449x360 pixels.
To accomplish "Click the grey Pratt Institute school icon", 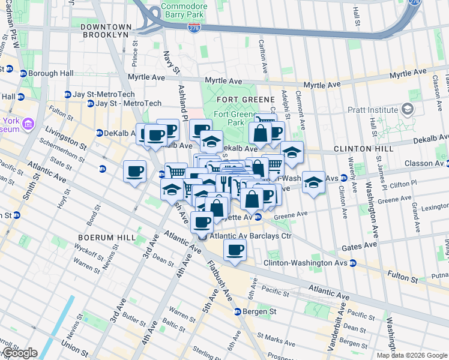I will pyautogui.click(x=408, y=109).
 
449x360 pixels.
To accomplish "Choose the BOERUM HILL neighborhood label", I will pyautogui.click(x=101, y=238).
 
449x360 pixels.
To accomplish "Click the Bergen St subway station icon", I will pyautogui.click(x=238, y=312).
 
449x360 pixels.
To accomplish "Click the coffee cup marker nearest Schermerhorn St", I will pyautogui.click(x=134, y=172).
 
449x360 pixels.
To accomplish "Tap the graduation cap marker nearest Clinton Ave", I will pyautogui.click(x=313, y=182).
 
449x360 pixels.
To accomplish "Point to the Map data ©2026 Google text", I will pyautogui.click(x=411, y=355).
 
